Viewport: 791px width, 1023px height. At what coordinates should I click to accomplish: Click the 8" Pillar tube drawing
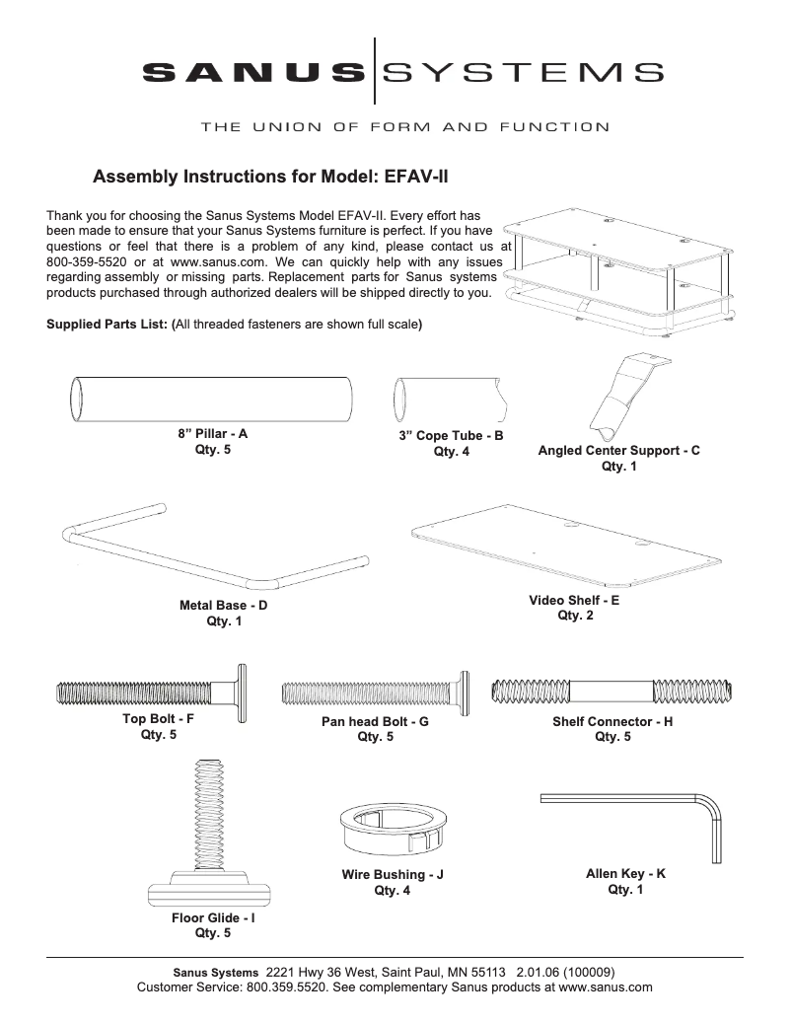pos(211,400)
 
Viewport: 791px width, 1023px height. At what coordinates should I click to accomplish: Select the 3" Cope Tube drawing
pos(450,400)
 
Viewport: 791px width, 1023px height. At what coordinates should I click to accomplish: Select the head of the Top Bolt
pos(241,694)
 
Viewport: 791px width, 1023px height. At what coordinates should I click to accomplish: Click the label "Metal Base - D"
pos(223,606)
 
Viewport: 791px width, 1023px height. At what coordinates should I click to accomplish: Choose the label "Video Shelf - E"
pos(574,600)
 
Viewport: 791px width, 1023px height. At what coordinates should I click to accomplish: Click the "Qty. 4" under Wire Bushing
pos(393,891)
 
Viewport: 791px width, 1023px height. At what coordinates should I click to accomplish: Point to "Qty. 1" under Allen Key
pos(625,890)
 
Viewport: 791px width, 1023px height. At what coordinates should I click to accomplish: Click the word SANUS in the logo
pos(252,71)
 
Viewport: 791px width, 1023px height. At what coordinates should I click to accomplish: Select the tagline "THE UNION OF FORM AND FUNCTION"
pos(404,126)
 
